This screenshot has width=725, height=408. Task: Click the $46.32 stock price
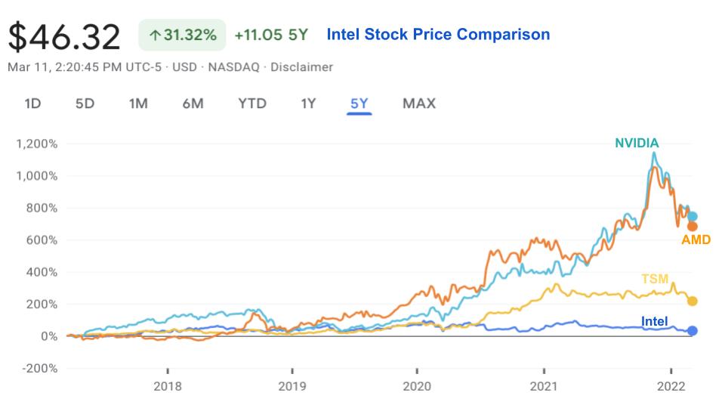point(64,36)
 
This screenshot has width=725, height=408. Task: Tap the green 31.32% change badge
point(182,35)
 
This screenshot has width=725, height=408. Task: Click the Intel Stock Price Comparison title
point(438,34)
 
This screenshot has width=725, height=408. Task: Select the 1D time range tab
point(32,104)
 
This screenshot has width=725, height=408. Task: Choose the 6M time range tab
point(193,104)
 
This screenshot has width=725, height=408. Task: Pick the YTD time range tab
point(252,104)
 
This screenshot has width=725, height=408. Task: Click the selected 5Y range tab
point(359,104)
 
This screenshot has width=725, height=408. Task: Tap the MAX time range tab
point(419,104)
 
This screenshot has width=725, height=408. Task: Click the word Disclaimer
point(301,67)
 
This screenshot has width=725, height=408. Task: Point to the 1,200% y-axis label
point(37,144)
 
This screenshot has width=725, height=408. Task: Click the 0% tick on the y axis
point(49,336)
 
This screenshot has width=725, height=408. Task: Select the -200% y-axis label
point(40,369)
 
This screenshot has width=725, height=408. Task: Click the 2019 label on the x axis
point(292,386)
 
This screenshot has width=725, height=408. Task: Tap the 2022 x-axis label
point(671,386)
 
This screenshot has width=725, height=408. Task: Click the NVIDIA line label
point(637,143)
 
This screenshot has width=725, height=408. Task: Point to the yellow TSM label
point(655,279)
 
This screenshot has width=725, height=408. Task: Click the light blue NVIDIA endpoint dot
point(693,217)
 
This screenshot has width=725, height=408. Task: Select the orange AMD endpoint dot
point(693,227)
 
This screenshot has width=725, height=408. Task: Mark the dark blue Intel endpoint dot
point(693,331)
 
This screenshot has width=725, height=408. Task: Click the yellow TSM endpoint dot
point(693,301)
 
